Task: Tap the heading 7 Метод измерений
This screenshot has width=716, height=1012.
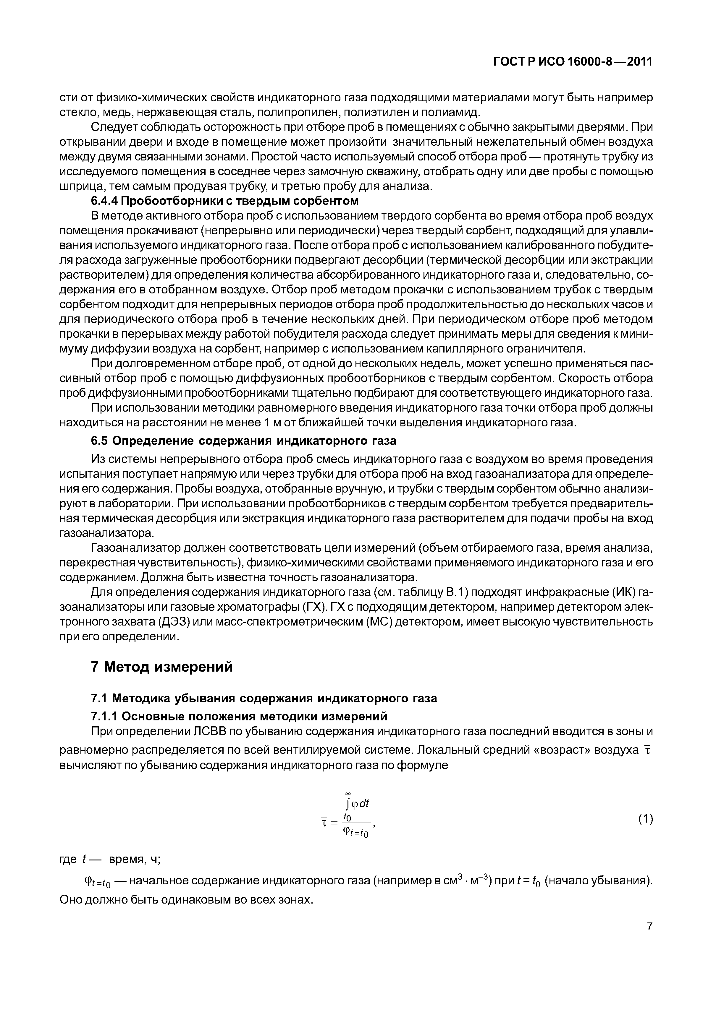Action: pyautogui.click(x=161, y=667)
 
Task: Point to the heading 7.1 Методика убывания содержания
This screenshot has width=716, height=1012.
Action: pyautogui.click(x=264, y=699)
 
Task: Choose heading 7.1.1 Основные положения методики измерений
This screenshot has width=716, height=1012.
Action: pyautogui.click(x=239, y=715)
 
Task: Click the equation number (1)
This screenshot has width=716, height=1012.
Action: pyautogui.click(x=645, y=819)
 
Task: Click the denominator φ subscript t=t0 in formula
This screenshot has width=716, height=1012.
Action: pyautogui.click(x=355, y=832)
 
